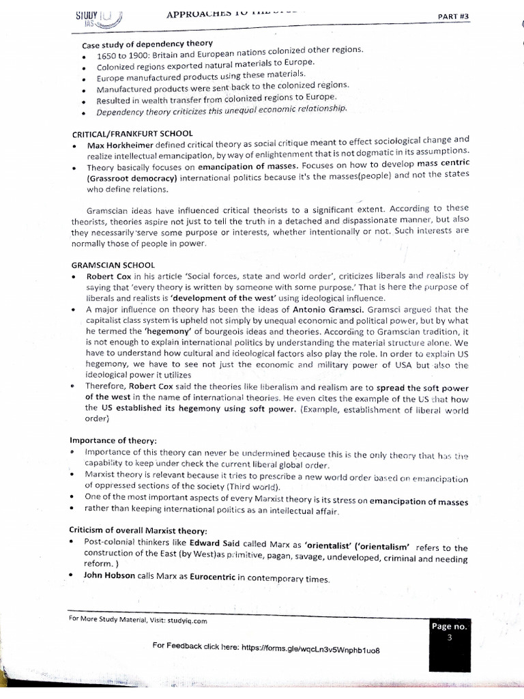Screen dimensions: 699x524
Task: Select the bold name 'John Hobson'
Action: point(111,575)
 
